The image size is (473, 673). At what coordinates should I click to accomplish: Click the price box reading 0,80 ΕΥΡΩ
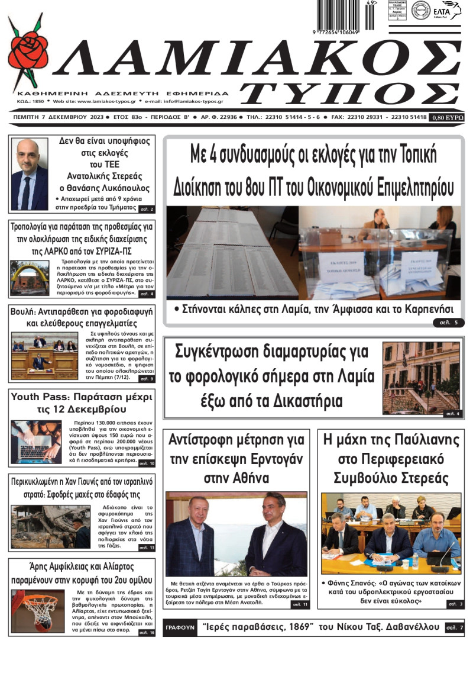(447, 117)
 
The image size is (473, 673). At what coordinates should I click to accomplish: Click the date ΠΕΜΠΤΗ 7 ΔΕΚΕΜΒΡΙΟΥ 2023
(57, 117)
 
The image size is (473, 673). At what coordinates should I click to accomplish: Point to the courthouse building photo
(421, 378)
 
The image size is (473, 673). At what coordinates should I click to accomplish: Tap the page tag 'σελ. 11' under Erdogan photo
(299, 604)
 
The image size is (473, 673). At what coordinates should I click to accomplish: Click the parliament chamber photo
(44, 355)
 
